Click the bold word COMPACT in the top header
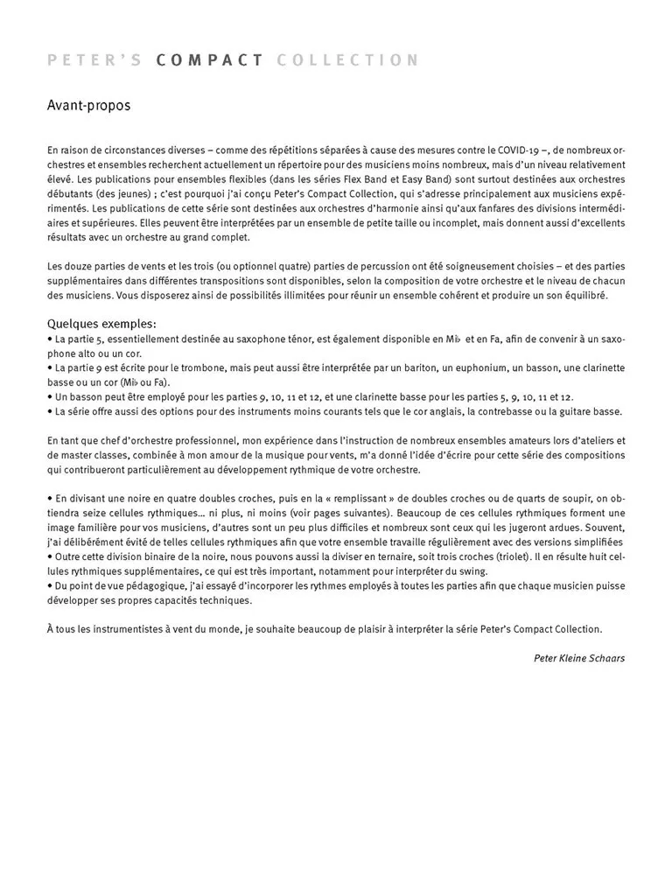point(210,60)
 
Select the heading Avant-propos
point(88,106)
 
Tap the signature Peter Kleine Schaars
point(578,658)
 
